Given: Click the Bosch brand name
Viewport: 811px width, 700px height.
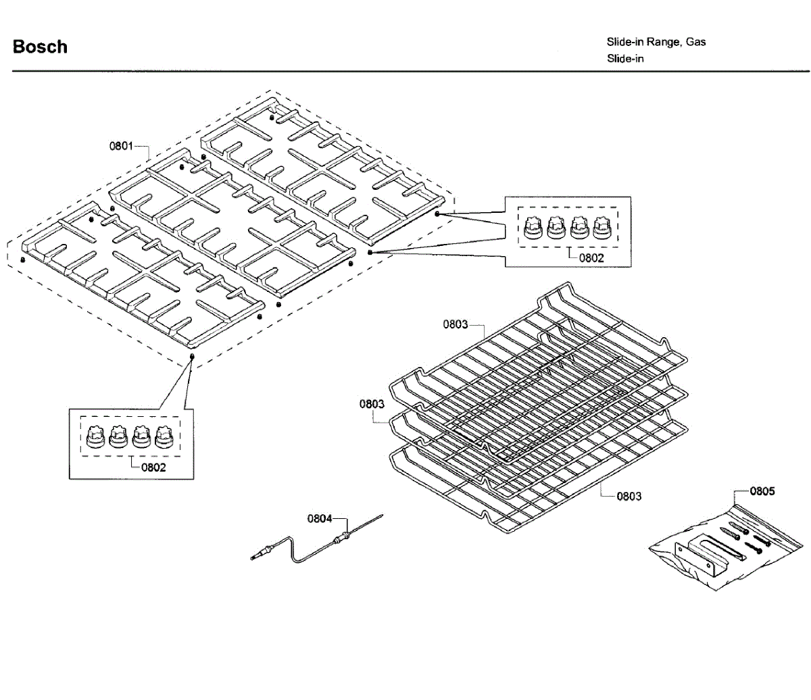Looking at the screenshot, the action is tap(40, 47).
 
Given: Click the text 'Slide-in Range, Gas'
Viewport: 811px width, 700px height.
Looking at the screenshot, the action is tap(656, 42).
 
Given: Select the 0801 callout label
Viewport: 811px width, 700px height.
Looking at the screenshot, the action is tap(121, 146).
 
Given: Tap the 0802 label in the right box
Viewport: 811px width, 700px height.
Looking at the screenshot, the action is tap(591, 258).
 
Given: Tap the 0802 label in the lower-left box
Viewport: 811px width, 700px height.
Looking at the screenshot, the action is tap(153, 468).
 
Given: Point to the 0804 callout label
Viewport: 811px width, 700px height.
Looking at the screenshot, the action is tap(320, 519).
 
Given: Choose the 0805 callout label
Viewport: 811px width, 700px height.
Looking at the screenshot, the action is tap(762, 491).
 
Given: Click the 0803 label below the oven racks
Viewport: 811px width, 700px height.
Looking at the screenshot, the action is tap(629, 497).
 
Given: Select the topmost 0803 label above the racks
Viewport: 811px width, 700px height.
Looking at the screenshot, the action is tap(456, 324).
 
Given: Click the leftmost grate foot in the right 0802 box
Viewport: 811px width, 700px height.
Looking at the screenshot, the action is tap(533, 228).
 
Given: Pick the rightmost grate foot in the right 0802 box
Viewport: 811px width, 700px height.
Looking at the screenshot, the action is tap(602, 228).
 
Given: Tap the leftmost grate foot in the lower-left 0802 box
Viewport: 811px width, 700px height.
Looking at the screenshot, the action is tap(95, 436).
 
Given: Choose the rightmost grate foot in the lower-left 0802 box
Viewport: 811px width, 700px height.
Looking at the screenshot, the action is tap(164, 436).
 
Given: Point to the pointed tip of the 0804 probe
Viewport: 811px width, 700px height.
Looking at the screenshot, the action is tap(383, 515).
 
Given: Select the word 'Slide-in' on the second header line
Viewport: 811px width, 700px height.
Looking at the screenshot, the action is tap(625, 59).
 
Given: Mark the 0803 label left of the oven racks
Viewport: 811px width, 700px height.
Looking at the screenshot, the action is tap(372, 404).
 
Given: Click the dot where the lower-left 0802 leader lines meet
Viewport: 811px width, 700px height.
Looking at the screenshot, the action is tap(192, 356).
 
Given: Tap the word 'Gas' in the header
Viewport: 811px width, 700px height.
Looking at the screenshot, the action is tap(695, 42).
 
